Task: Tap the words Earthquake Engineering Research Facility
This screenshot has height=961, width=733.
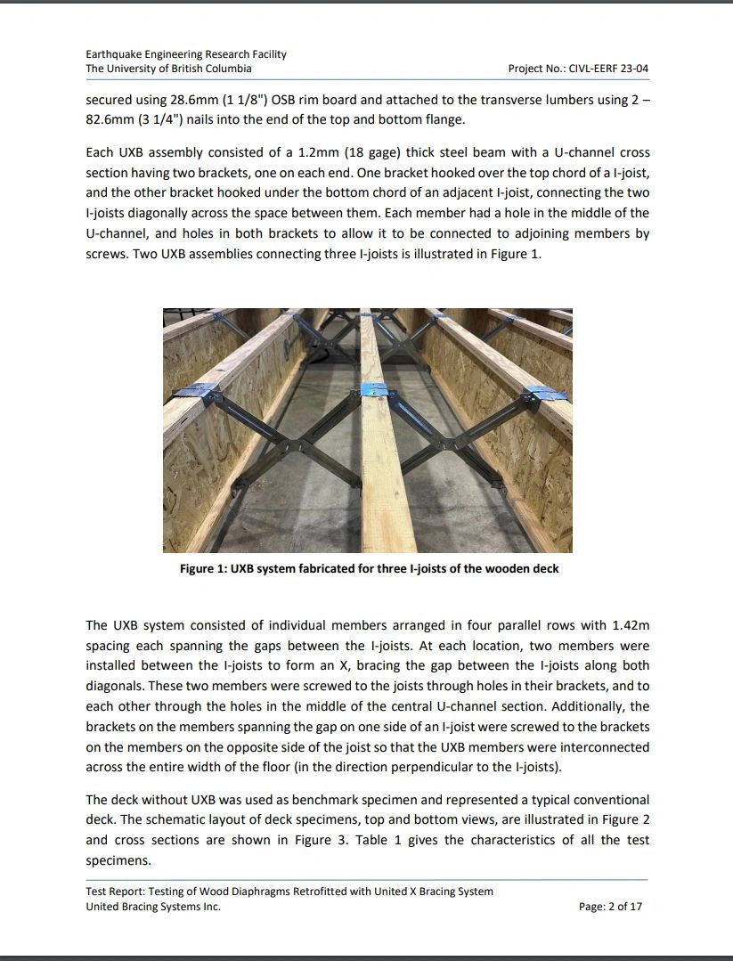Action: [186, 54]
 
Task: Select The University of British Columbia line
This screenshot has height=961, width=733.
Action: [168, 69]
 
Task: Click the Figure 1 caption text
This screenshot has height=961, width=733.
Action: [369, 568]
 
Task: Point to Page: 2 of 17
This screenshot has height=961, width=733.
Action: [610, 907]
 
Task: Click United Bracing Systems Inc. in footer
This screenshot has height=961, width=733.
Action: [153, 907]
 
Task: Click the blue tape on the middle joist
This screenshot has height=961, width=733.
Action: [375, 390]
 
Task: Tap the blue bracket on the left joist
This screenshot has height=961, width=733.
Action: [201, 390]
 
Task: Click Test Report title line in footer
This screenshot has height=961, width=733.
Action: [289, 891]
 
